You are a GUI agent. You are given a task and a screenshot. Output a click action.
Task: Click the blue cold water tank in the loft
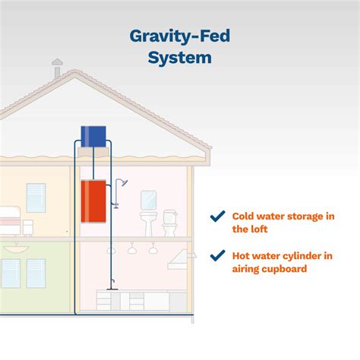click(x=93, y=137)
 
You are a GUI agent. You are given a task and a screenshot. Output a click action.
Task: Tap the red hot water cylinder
click(x=93, y=198)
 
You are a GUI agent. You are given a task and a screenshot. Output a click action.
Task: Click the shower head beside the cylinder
click(x=123, y=183)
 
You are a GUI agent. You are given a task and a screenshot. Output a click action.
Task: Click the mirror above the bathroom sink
click(x=149, y=199)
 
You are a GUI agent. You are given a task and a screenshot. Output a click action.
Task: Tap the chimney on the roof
click(x=57, y=69)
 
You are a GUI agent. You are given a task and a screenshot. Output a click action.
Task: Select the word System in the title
click(x=180, y=58)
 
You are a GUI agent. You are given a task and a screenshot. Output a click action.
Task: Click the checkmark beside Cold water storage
click(x=217, y=216)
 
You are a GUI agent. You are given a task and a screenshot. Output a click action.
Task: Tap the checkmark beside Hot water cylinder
click(x=217, y=256)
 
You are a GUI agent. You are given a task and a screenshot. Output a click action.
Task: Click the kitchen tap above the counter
click(x=111, y=285)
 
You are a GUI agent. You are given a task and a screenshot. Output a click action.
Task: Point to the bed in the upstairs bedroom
click(x=9, y=220)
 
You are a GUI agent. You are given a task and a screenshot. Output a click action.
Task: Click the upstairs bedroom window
click(x=36, y=197)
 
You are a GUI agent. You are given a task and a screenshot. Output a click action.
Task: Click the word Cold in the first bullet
click(x=244, y=216)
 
